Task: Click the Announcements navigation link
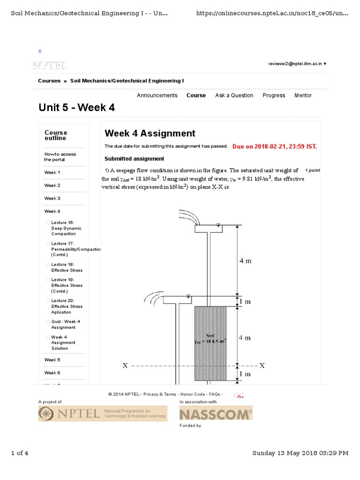click(157, 95)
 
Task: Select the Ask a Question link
click(234, 95)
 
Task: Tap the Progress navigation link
click(274, 95)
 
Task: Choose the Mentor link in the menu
click(303, 95)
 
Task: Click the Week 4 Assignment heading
click(150, 134)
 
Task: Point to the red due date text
click(275, 146)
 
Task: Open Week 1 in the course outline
click(52, 172)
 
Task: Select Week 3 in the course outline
click(52, 198)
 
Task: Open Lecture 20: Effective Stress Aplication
click(67, 306)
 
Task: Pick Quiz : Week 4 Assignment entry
click(66, 324)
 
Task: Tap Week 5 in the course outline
click(52, 360)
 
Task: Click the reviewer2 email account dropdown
click(297, 63)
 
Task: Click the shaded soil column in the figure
click(210, 343)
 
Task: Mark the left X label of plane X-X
click(125, 366)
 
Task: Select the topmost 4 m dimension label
click(245, 261)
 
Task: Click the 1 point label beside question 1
click(311, 170)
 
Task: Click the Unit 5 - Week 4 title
click(76, 108)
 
